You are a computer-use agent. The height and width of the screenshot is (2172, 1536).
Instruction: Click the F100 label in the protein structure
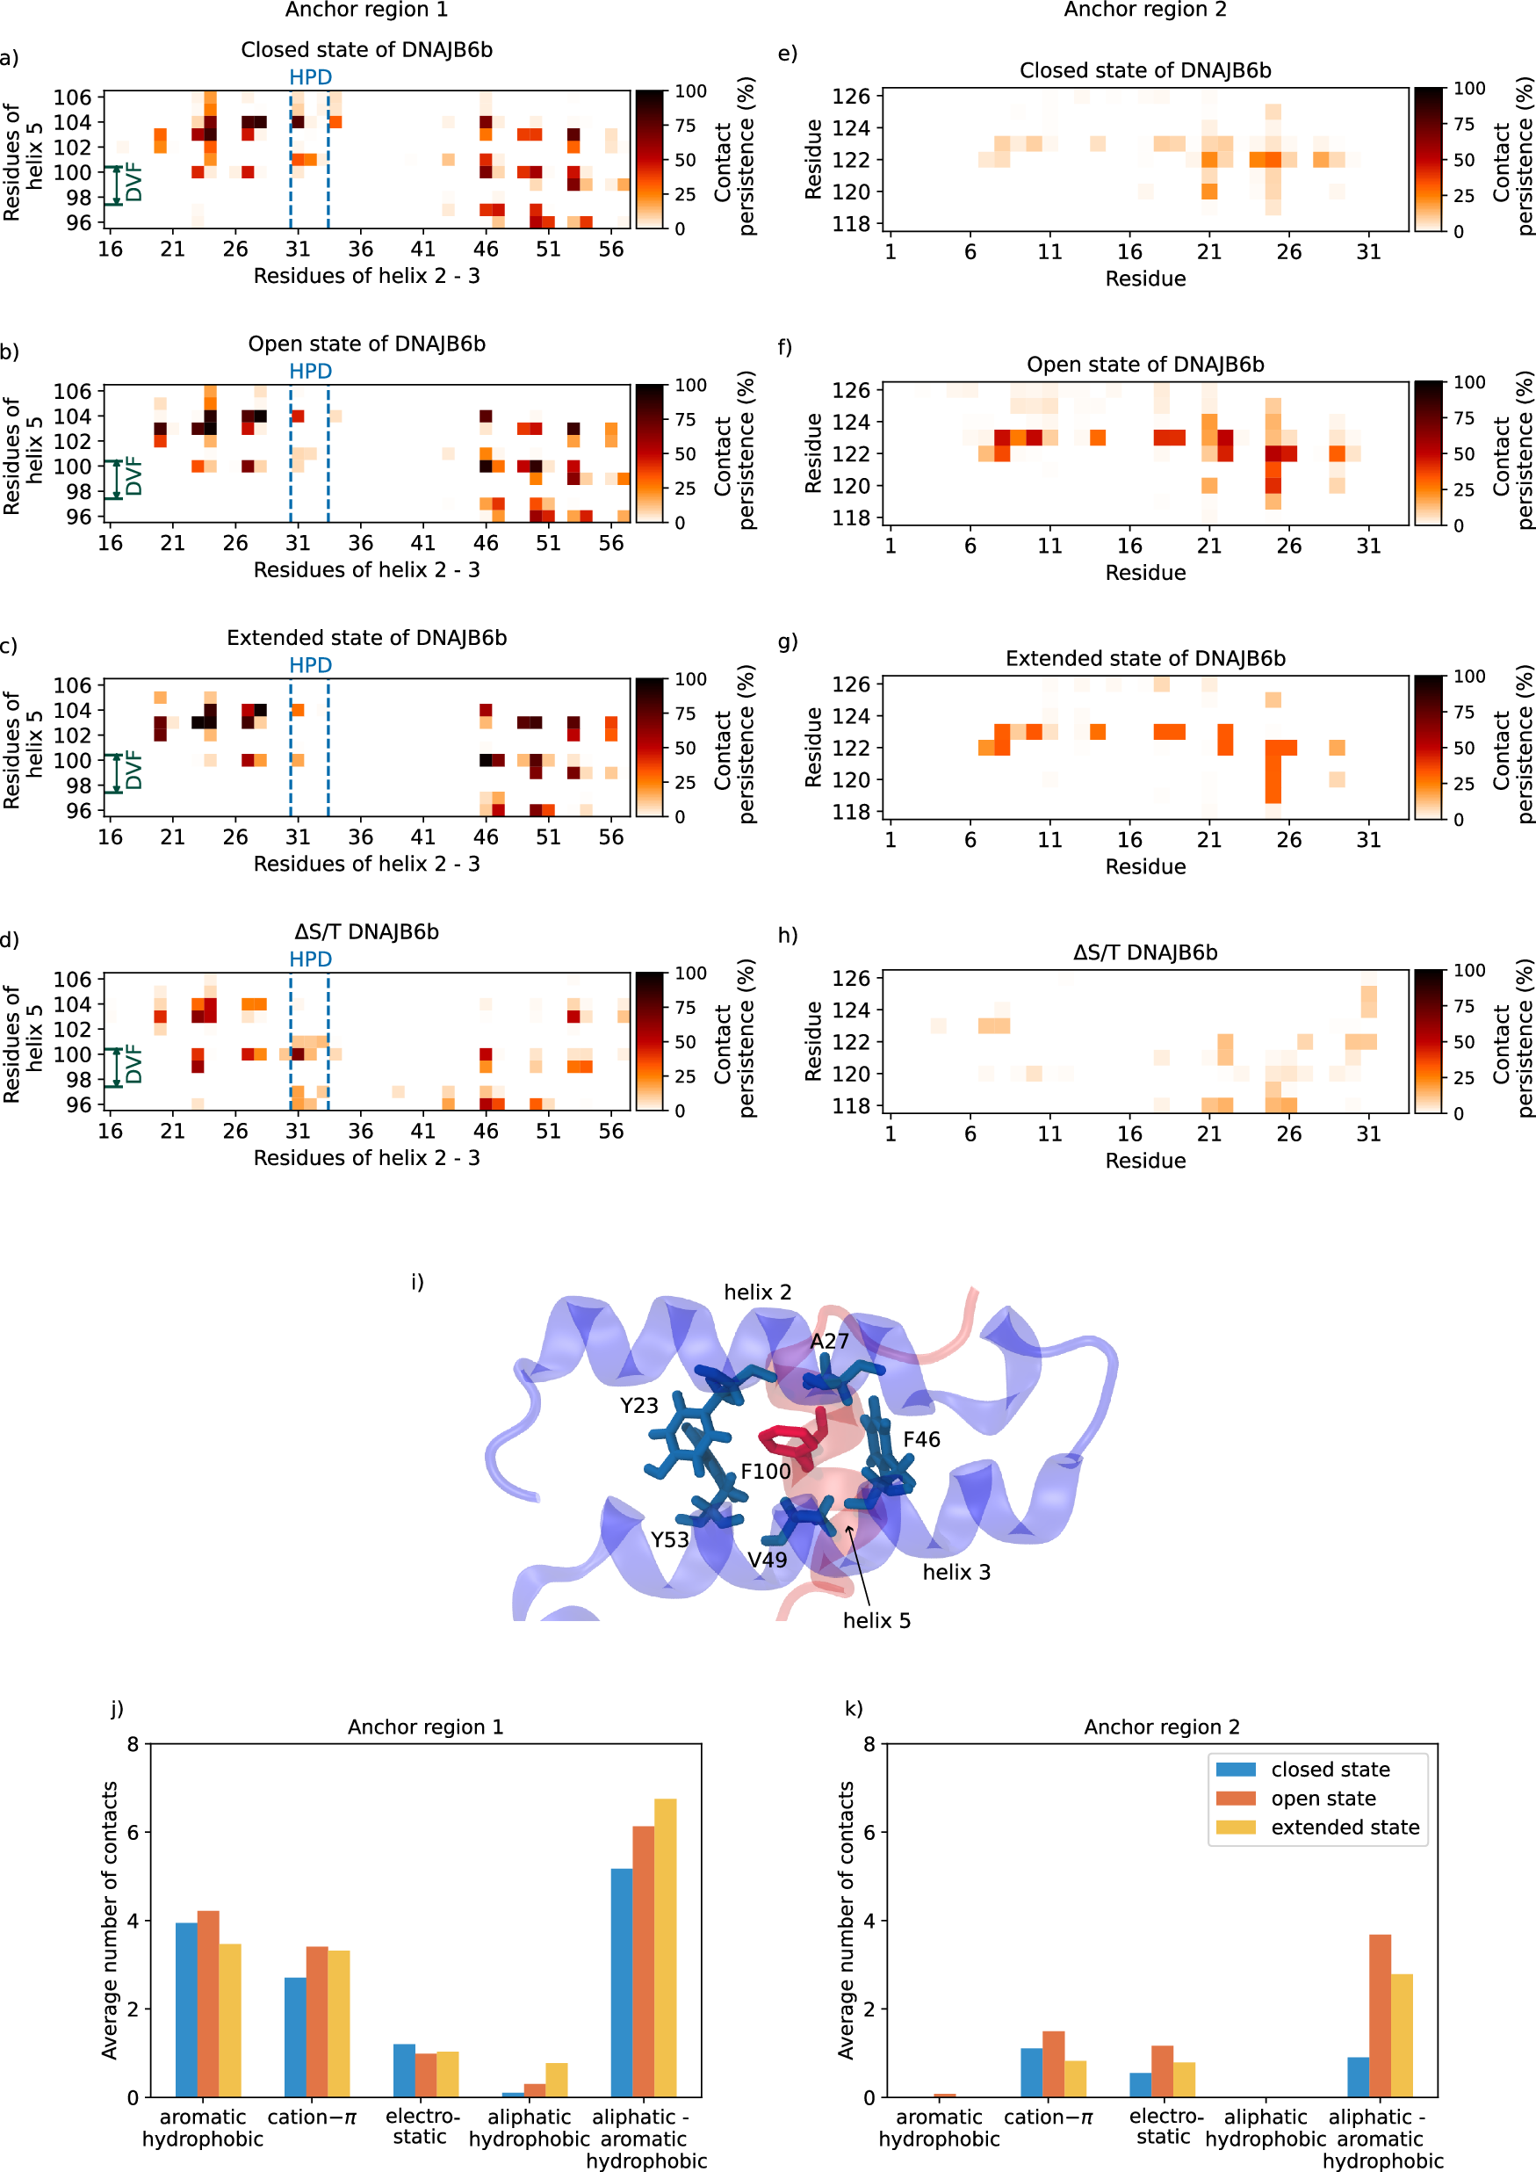pos(764,1471)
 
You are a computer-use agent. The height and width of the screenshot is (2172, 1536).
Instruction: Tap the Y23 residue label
pos(638,1405)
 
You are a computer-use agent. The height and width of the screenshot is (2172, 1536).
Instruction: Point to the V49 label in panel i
pos(767,1560)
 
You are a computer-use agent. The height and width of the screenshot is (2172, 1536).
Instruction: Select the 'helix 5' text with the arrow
pos(876,1620)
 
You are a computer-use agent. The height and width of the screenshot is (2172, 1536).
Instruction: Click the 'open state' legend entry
pos(1323,1799)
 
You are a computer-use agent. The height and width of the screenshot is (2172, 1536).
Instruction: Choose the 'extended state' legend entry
pos(1344,1828)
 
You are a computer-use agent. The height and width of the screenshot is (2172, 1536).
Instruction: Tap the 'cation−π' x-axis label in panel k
pos(1047,2118)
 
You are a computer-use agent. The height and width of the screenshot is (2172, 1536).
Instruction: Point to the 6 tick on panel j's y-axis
pos(133,1832)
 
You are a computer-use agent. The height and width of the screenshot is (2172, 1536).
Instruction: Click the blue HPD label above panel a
pos(310,76)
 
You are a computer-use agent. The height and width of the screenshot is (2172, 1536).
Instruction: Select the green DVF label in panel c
pos(134,770)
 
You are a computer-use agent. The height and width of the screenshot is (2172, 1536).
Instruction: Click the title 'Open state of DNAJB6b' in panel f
pos(1144,365)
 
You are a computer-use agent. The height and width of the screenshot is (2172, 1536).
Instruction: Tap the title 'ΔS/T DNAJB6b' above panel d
pos(366,932)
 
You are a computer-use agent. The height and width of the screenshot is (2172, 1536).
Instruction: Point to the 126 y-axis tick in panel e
pos(850,96)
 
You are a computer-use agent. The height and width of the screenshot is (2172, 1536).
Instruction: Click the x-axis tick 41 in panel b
pos(422,543)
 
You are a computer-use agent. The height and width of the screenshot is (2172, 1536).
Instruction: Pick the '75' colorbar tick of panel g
pos(1463,713)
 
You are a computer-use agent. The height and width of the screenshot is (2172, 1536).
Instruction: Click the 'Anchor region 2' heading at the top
pos(1144,10)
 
